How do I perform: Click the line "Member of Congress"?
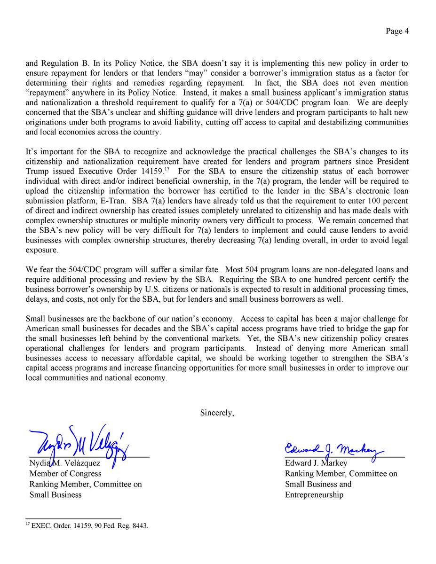coord(65,474)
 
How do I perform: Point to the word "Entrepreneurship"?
coord(314,494)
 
